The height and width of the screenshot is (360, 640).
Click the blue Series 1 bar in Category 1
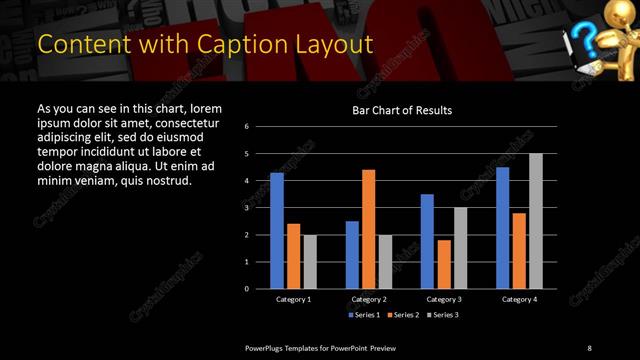point(277,230)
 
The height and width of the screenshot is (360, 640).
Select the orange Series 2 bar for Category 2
point(368,229)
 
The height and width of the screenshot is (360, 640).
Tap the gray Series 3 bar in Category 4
point(536,221)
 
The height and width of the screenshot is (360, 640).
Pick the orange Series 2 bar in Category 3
point(444,264)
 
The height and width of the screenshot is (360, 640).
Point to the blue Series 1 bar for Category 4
point(502,228)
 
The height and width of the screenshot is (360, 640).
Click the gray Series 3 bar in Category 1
point(310,261)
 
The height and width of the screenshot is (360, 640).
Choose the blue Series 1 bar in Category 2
point(352,254)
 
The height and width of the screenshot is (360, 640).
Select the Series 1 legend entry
point(363,314)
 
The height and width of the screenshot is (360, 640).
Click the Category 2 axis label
point(368,299)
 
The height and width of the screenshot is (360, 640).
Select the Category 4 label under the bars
point(518,299)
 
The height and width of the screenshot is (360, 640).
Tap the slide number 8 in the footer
point(589,347)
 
